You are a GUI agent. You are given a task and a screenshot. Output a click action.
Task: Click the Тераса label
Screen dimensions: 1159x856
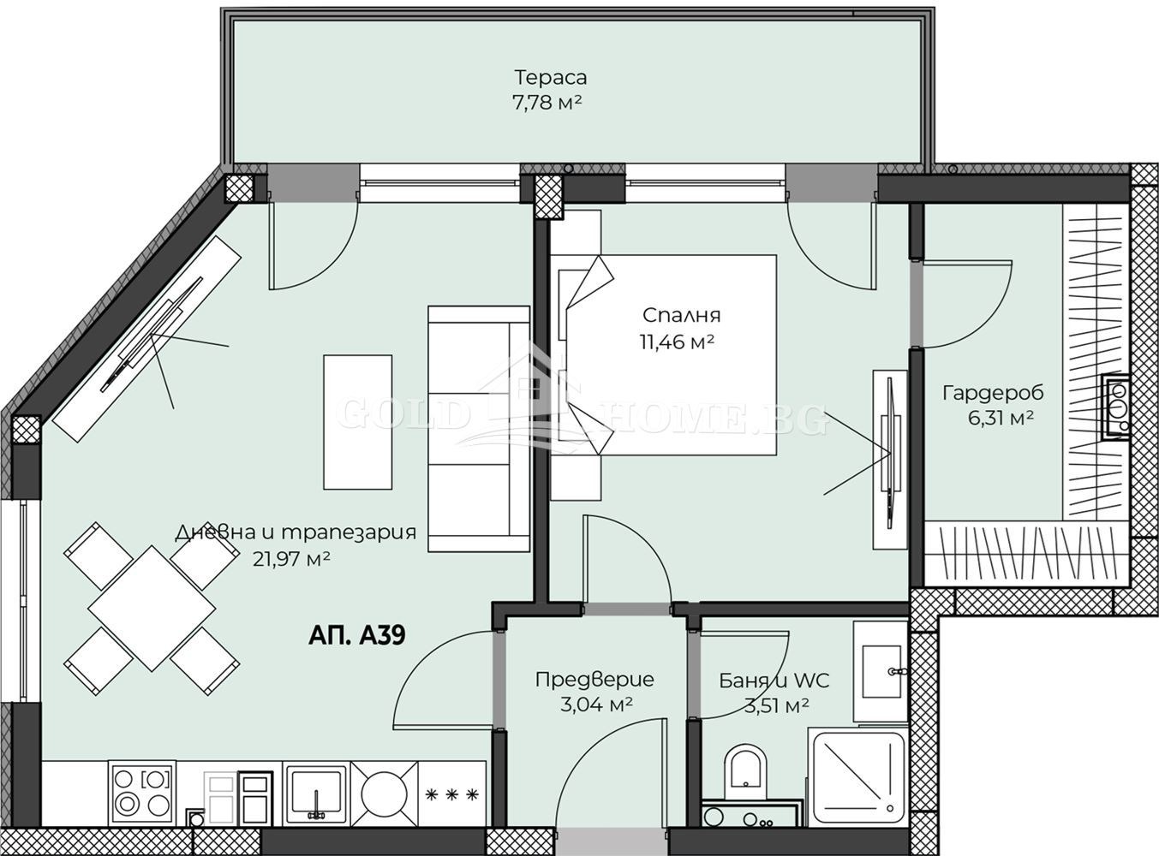[551, 77]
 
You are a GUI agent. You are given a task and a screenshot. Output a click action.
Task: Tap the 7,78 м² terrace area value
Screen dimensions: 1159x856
[547, 103]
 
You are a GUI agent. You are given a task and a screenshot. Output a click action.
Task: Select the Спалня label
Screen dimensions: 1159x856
[681, 316]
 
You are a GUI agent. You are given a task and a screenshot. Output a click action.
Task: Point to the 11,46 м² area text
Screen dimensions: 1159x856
[678, 342]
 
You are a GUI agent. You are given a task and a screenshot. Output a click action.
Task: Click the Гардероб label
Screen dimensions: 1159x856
[994, 393]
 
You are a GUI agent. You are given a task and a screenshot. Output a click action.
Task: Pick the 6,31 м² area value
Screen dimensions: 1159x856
[1001, 419]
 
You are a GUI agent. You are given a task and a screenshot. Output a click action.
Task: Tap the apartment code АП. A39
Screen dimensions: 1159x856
[357, 636]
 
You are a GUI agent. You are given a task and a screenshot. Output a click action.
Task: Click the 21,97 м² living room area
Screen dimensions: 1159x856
[291, 559]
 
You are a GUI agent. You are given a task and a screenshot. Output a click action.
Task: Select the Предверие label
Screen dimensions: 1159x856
[594, 680]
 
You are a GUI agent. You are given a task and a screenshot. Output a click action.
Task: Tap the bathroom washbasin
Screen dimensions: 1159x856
[881, 670]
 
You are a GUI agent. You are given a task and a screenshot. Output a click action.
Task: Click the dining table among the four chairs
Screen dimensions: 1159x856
[152, 609]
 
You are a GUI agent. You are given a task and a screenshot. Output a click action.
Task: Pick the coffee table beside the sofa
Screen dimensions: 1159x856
[357, 422]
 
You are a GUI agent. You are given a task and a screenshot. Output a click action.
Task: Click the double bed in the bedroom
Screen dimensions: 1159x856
[664, 355]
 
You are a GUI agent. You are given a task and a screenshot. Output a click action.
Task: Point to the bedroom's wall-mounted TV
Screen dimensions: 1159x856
[889, 460]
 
